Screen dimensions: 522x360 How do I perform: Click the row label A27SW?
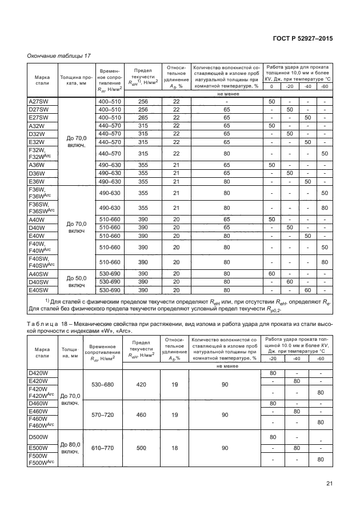pos(39,101)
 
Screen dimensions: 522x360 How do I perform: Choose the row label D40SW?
pos(39,282)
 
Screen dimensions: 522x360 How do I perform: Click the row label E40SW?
pos(39,290)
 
